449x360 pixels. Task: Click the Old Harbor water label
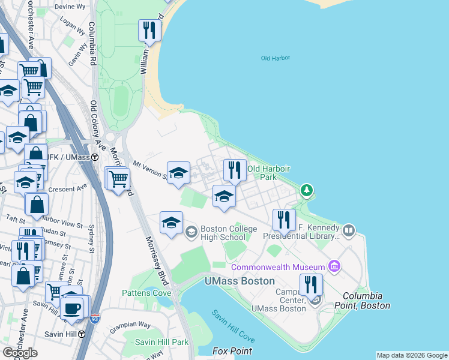pyautogui.click(x=276, y=58)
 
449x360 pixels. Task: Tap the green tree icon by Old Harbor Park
pyautogui.click(x=307, y=191)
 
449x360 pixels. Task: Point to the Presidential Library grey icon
pyautogui.click(x=348, y=230)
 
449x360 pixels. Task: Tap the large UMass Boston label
pyautogui.click(x=240, y=281)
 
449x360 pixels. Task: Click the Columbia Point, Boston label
pyautogui.click(x=366, y=301)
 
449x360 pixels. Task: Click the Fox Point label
pyautogui.click(x=232, y=351)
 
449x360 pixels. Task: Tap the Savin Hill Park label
pyautogui.click(x=153, y=342)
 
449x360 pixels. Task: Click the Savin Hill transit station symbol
pyautogui.click(x=80, y=334)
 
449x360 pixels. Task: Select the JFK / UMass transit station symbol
pyautogui.click(x=103, y=157)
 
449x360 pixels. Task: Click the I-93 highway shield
pyautogui.click(x=94, y=319)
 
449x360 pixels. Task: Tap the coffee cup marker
pyautogui.click(x=72, y=308)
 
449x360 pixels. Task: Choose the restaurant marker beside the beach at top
pyautogui.click(x=149, y=30)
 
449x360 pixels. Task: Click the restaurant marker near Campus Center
pyautogui.click(x=311, y=284)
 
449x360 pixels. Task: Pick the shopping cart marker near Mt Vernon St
pyautogui.click(x=119, y=178)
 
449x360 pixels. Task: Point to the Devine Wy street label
pyautogui.click(x=71, y=6)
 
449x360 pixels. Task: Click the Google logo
pyautogui.click(x=20, y=353)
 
